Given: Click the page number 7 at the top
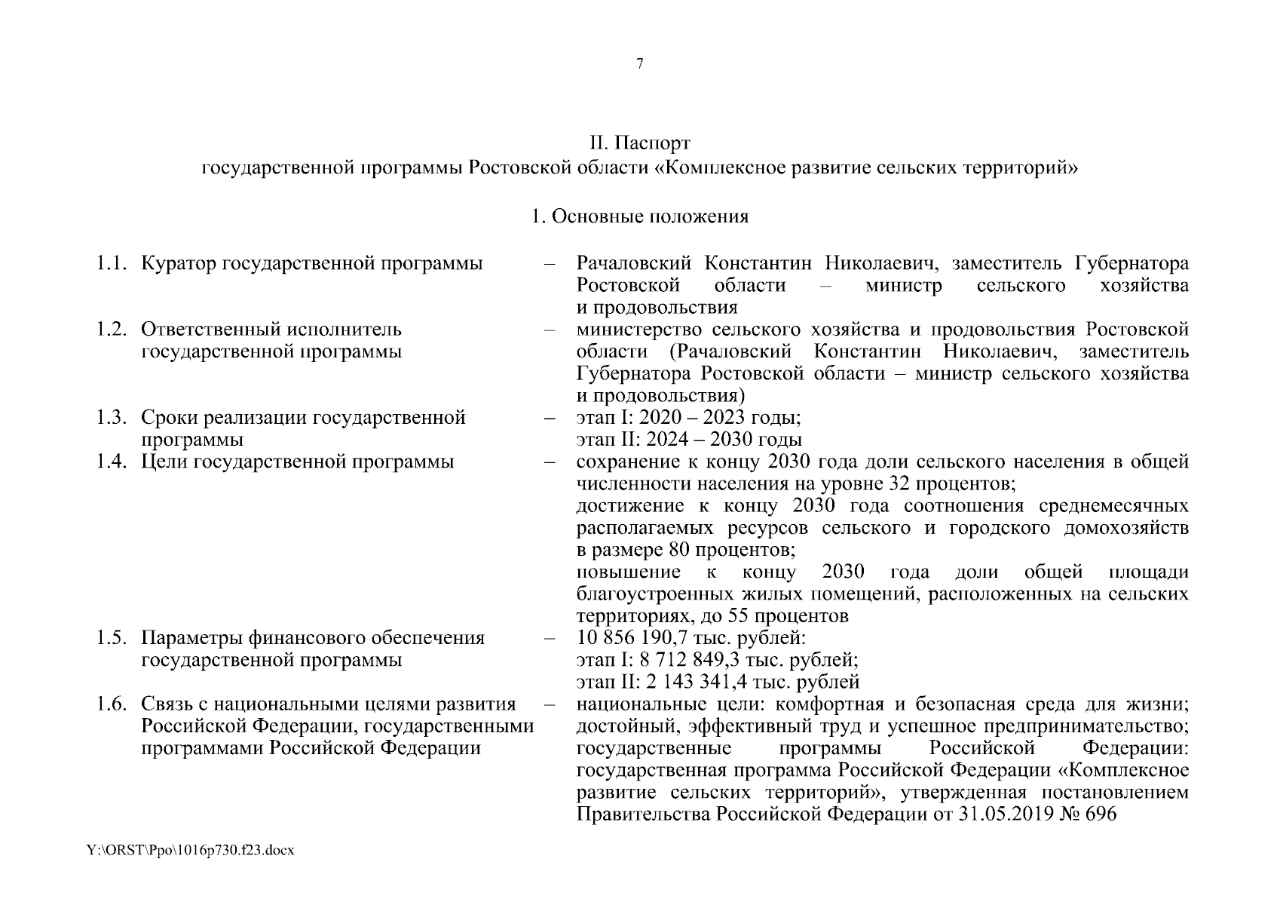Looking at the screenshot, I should pos(639,64).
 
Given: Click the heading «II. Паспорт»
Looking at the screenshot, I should pos(639,143).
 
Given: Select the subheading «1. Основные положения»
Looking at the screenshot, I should pos(639,216).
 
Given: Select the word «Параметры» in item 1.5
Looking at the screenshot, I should pos(191,638).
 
